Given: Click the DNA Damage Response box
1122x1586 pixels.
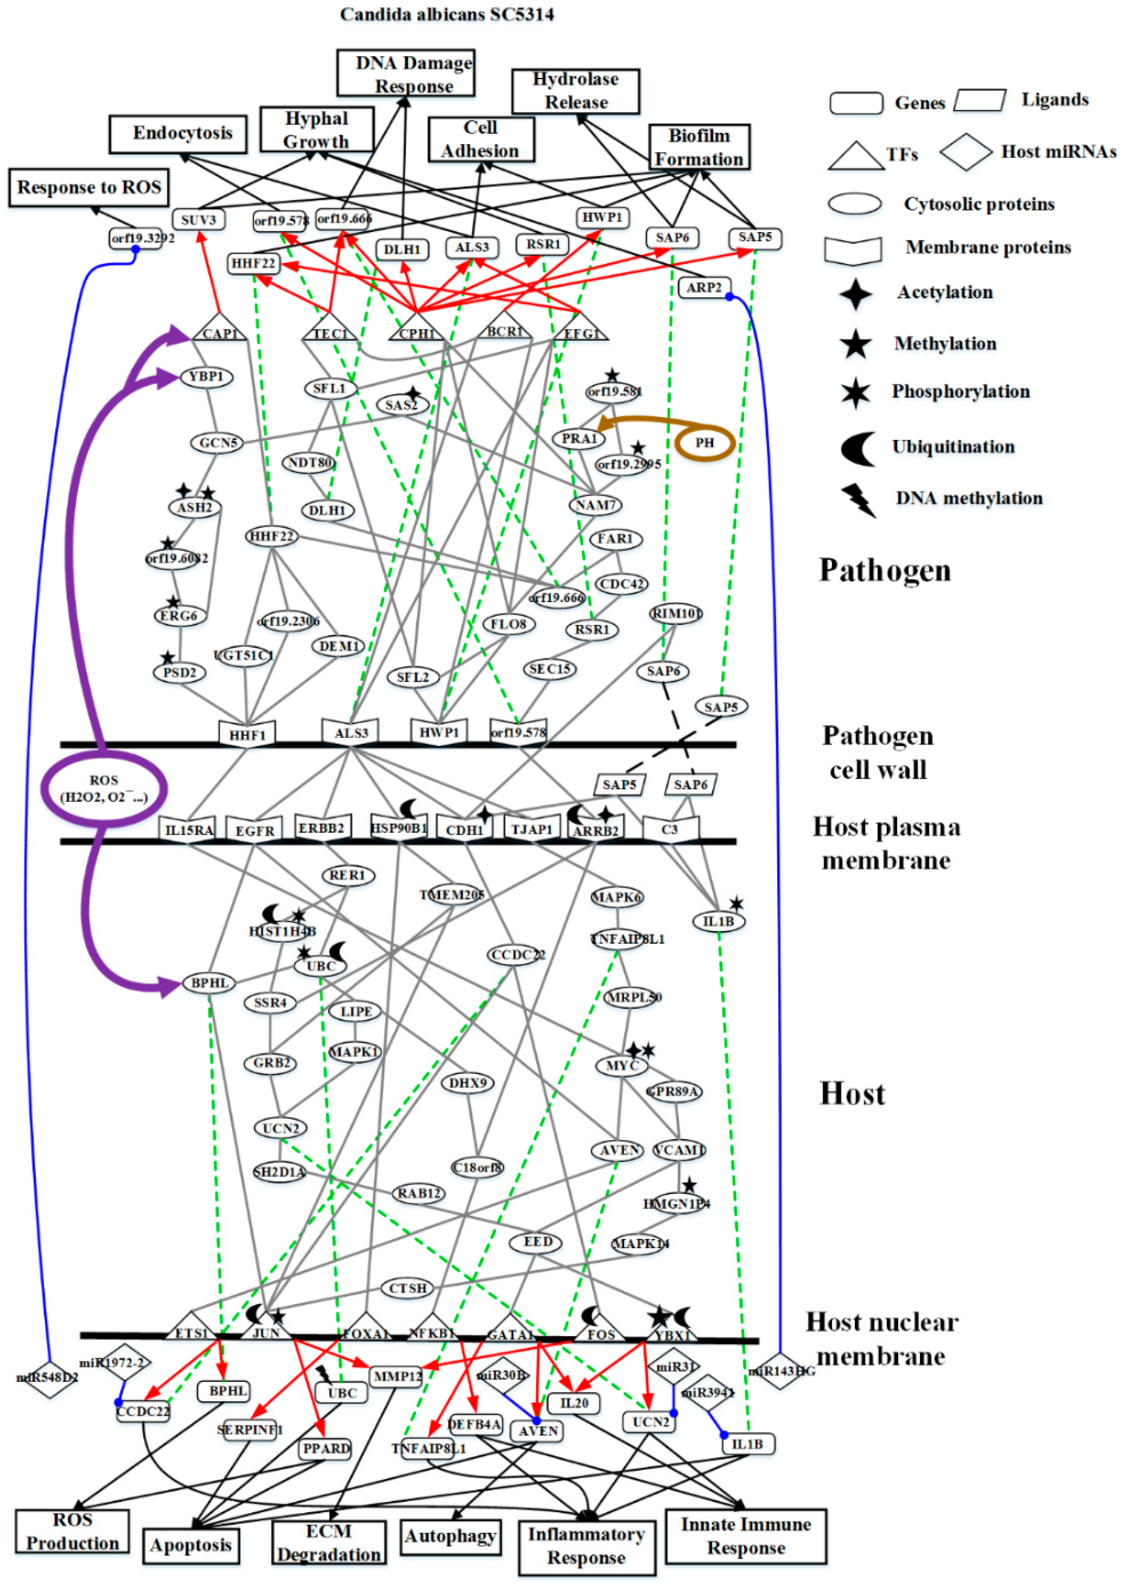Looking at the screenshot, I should tap(406, 73).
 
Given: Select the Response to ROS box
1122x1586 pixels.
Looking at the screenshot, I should tap(89, 187).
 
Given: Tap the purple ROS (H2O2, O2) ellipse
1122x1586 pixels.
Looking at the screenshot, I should tap(104, 789).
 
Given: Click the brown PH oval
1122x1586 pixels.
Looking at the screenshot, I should tap(704, 443).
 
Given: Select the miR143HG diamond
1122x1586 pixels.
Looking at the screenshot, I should tap(780, 1371).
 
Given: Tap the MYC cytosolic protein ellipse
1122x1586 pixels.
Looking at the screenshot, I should tap(621, 1065).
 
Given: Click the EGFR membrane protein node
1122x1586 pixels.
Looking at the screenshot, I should tap(254, 830).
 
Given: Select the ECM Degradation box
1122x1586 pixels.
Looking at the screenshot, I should tap(329, 1543).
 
